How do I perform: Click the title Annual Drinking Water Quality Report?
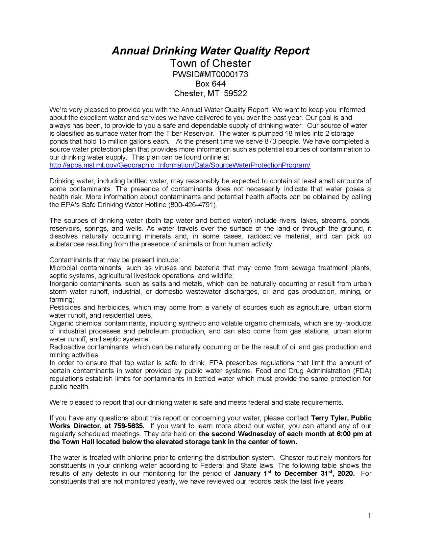coord(210,51)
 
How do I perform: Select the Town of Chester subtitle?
coord(210,63)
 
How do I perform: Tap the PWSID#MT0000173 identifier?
coord(210,75)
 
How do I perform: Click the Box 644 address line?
coord(210,84)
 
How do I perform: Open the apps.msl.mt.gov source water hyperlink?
coord(180,165)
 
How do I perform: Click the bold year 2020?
coord(346,474)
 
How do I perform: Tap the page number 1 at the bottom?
coord(369,516)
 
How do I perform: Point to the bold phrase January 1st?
coord(252,473)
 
